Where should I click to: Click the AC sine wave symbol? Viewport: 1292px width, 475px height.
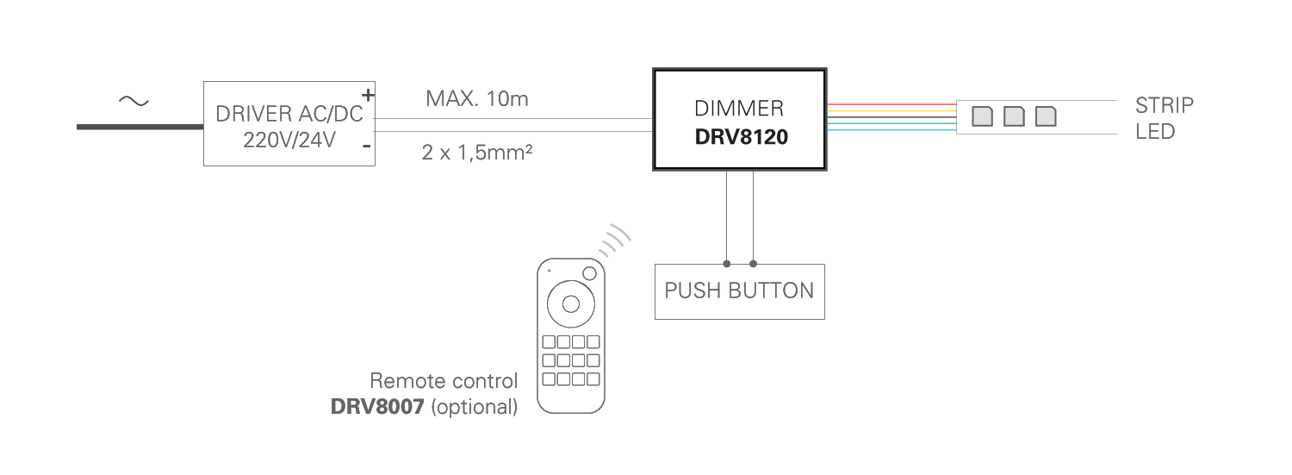tap(134, 102)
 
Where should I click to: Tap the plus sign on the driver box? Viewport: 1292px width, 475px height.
tap(368, 95)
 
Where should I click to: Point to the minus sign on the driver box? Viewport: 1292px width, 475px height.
tap(366, 146)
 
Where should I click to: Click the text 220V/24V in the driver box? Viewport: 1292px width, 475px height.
tap(289, 141)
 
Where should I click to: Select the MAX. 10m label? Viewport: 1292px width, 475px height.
tap(476, 98)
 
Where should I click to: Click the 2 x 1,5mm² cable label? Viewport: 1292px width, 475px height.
tap(476, 153)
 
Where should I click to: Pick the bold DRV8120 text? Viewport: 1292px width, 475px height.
tap(741, 137)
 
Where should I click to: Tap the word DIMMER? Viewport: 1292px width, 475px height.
tap(739, 109)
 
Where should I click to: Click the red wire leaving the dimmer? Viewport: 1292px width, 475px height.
tap(891, 105)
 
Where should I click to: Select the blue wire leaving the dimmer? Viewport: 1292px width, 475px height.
tap(891, 130)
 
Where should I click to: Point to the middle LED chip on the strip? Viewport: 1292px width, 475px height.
tap(1014, 116)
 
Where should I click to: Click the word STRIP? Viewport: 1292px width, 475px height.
tap(1164, 106)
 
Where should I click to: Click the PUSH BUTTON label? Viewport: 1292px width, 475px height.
tap(739, 291)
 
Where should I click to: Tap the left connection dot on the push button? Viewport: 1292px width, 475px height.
tap(727, 264)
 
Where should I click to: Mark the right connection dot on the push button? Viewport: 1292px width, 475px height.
tap(754, 264)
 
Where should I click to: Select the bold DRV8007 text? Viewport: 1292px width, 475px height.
tap(377, 407)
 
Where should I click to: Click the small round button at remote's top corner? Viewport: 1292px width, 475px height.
tap(589, 273)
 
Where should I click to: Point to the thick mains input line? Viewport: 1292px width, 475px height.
tap(140, 127)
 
